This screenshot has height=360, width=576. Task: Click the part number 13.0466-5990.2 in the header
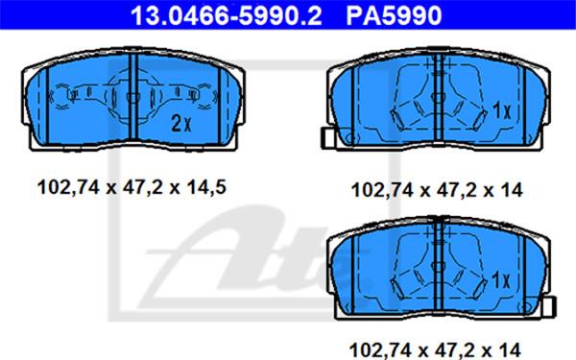pos(226,15)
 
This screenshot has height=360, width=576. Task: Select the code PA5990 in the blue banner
pos(394,15)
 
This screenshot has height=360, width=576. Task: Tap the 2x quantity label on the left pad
pos(181,124)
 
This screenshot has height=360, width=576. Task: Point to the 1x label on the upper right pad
pos(501,109)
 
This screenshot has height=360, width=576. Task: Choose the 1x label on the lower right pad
pos(501,279)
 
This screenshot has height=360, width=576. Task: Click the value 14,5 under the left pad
pos(206,188)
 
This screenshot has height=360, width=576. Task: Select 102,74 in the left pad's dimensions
pos(68,188)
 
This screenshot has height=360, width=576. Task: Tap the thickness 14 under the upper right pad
pos(512,190)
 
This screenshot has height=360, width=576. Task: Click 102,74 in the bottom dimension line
pos(380,349)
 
